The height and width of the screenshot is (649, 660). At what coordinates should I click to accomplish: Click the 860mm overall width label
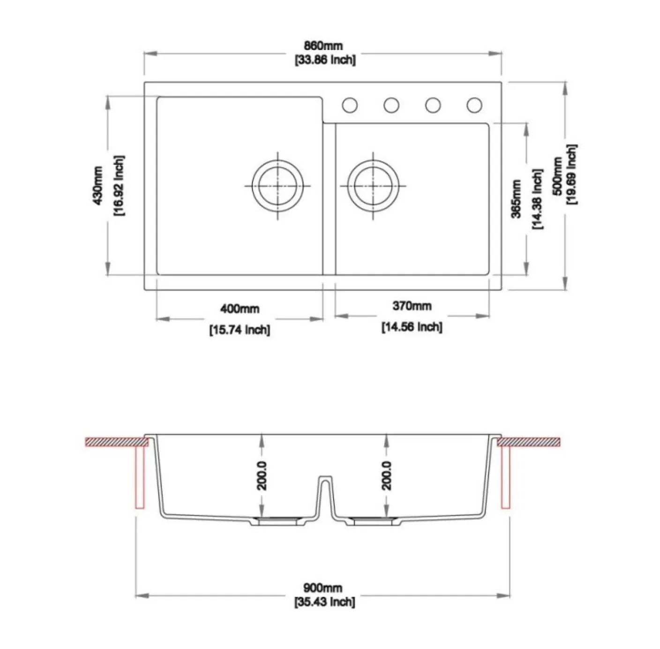click(323, 45)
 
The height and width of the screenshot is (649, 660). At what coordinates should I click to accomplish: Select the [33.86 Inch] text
click(325, 60)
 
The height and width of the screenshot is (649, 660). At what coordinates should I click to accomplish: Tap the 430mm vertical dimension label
click(97, 186)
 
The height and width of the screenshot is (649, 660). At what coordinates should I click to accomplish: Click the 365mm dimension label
click(516, 199)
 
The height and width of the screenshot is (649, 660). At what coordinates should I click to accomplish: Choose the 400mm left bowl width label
click(240, 309)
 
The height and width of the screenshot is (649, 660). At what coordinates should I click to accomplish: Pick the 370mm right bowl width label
click(412, 306)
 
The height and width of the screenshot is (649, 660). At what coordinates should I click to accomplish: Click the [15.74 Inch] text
click(240, 330)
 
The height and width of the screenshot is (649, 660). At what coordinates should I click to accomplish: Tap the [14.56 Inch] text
click(412, 327)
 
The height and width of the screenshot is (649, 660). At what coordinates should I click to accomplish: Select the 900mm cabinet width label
click(322, 588)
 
